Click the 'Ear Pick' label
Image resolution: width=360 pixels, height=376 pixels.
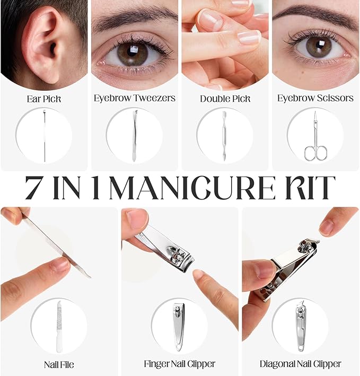click(x=44, y=99)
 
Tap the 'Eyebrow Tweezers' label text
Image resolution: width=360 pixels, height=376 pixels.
click(x=135, y=98)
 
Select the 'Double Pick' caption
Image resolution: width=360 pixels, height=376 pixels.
click(x=225, y=99)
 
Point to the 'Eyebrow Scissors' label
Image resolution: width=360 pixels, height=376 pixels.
click(x=315, y=98)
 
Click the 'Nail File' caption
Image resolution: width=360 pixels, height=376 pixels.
click(x=59, y=365)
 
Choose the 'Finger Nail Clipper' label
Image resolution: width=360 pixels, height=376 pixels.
click(x=180, y=364)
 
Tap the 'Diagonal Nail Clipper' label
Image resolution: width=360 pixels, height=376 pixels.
click(x=300, y=364)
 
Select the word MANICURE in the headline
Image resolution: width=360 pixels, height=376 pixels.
click(x=192, y=188)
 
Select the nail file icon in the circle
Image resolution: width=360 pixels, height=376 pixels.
click(x=59, y=327)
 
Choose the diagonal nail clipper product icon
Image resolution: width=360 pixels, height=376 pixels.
click(x=301, y=327)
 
